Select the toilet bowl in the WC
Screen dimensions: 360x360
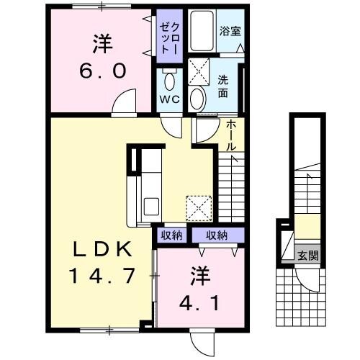click(170, 80)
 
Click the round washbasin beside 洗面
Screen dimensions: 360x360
click(199, 96)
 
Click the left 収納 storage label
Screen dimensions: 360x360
click(171, 235)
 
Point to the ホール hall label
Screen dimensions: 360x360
click(230, 135)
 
